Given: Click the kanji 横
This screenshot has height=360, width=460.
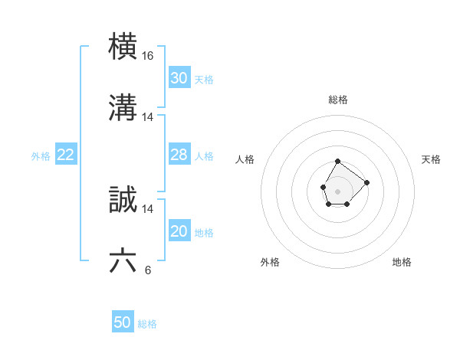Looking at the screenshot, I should coord(123,47).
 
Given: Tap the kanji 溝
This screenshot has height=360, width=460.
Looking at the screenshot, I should coord(123,108).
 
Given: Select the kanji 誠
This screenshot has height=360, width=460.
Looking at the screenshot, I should coord(123,200).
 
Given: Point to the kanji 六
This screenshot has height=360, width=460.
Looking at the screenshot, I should coord(123,261).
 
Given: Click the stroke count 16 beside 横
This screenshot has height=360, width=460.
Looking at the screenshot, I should coord(148,56).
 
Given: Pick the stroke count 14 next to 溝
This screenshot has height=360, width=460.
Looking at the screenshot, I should coord(148,117).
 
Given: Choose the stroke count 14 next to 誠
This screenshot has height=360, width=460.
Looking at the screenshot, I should coord(148,208).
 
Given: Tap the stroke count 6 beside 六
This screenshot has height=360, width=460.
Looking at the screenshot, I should coord(147,270).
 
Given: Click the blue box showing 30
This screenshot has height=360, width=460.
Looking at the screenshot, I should coord(179,78).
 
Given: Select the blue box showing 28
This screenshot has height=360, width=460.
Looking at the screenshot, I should coord(179,155).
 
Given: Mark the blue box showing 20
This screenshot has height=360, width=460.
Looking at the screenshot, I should coord(179,231).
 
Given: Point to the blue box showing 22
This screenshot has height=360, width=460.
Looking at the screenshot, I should coord(65,155).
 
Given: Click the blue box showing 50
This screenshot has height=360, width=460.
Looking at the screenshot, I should coord(123,322).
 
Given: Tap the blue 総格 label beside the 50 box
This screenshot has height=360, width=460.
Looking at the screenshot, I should coord(147,324).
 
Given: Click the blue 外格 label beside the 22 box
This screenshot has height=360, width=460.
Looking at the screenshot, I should coord(41,156).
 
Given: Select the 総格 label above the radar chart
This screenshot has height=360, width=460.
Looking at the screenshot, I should coord(338,100).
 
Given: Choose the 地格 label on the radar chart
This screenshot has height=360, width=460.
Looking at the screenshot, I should coord(402,262).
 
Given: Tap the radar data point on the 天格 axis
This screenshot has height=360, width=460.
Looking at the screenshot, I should coord(366,182).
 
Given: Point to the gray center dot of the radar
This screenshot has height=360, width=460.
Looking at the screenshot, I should coord(338,190).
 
